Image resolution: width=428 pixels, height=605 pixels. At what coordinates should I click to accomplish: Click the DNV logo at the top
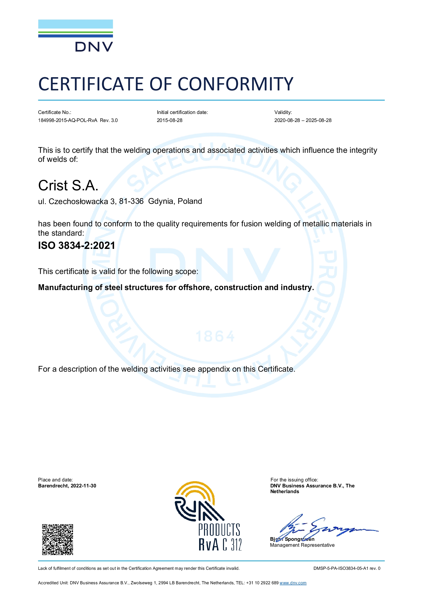pyautogui.click(x=75, y=35)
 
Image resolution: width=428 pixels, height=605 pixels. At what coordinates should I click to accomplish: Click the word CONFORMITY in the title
pyautogui.click(x=235, y=84)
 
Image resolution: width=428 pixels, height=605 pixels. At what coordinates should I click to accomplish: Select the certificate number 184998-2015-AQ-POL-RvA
pyautogui.click(x=68, y=120)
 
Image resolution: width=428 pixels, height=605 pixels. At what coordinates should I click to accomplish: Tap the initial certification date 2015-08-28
pyautogui.click(x=169, y=120)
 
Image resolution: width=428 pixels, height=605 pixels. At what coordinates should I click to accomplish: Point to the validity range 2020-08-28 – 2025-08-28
pyautogui.click(x=303, y=120)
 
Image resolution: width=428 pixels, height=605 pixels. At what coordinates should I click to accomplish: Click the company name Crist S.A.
pyautogui.click(x=68, y=185)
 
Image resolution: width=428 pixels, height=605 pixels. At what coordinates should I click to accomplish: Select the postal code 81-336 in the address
pyautogui.click(x=131, y=201)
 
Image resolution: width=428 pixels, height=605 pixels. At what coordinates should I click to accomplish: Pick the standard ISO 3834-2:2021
pyautogui.click(x=76, y=246)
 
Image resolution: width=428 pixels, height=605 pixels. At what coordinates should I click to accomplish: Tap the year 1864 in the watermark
pyautogui.click(x=215, y=337)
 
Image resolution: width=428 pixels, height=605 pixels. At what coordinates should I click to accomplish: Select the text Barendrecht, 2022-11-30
pyautogui.click(x=67, y=486)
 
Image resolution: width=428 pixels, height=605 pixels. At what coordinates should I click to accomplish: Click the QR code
pyautogui.click(x=57, y=540)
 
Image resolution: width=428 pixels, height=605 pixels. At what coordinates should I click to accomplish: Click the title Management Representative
pyautogui.click(x=302, y=545)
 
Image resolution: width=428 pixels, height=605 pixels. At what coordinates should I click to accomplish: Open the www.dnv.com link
pyautogui.click(x=293, y=583)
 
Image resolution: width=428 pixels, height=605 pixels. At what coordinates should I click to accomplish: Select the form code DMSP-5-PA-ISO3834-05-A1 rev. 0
pyautogui.click(x=346, y=568)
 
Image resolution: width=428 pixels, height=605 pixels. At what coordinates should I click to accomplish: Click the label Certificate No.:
pyautogui.click(x=55, y=112)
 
